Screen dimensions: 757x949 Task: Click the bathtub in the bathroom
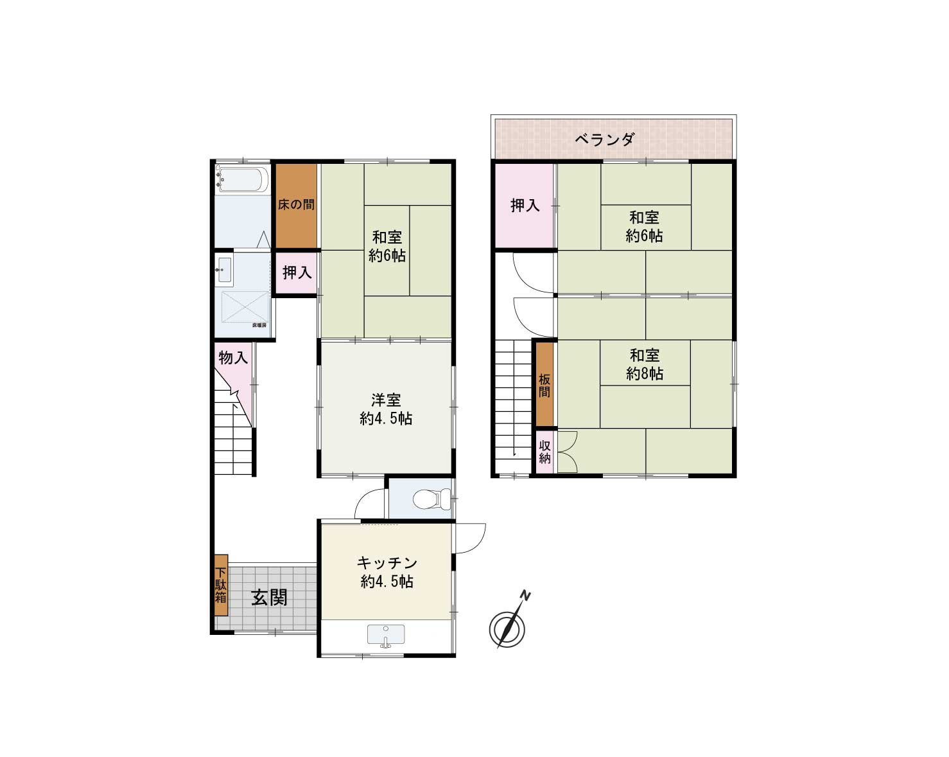(x=241, y=179)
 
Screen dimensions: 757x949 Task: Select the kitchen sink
(x=385, y=634)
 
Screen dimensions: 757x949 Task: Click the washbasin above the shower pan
(x=225, y=269)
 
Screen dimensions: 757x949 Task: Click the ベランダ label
(x=604, y=139)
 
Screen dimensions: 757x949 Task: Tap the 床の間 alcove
(x=296, y=206)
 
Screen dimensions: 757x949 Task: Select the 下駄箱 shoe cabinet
(x=221, y=585)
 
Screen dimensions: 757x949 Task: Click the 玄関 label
(x=269, y=598)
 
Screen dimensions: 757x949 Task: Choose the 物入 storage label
(x=232, y=357)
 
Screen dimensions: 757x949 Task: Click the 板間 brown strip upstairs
(x=544, y=385)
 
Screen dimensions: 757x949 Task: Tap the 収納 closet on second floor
(x=544, y=452)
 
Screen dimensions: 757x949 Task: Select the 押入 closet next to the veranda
(x=525, y=206)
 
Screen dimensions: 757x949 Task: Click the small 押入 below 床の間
(x=297, y=272)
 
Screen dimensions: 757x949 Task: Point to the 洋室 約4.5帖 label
(x=386, y=409)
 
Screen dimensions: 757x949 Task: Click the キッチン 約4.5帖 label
(x=387, y=572)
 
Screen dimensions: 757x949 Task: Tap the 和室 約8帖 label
(x=645, y=364)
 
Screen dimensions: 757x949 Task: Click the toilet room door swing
(x=370, y=505)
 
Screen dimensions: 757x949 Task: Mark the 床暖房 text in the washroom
(x=259, y=325)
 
